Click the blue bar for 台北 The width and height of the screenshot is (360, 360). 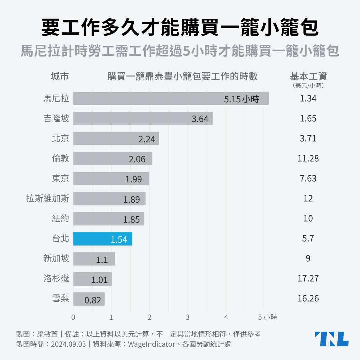103,239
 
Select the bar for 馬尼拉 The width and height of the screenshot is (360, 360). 171,99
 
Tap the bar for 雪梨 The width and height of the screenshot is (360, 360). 89,299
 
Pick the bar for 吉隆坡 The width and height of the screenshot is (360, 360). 143,119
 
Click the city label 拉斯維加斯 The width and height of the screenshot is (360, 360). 48,199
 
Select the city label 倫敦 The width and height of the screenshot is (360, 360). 60,158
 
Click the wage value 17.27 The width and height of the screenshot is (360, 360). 308,278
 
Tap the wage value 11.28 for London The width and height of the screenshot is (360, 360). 308,158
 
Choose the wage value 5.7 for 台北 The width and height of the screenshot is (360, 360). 308,238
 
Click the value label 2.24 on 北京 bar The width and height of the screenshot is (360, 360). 147,139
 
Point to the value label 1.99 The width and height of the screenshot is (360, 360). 133,179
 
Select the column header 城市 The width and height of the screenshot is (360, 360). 60,76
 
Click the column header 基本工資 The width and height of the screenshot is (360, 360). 308,76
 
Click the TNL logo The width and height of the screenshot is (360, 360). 331,339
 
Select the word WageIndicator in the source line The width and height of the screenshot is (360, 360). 151,344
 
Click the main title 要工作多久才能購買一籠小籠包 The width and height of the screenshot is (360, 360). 180,28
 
